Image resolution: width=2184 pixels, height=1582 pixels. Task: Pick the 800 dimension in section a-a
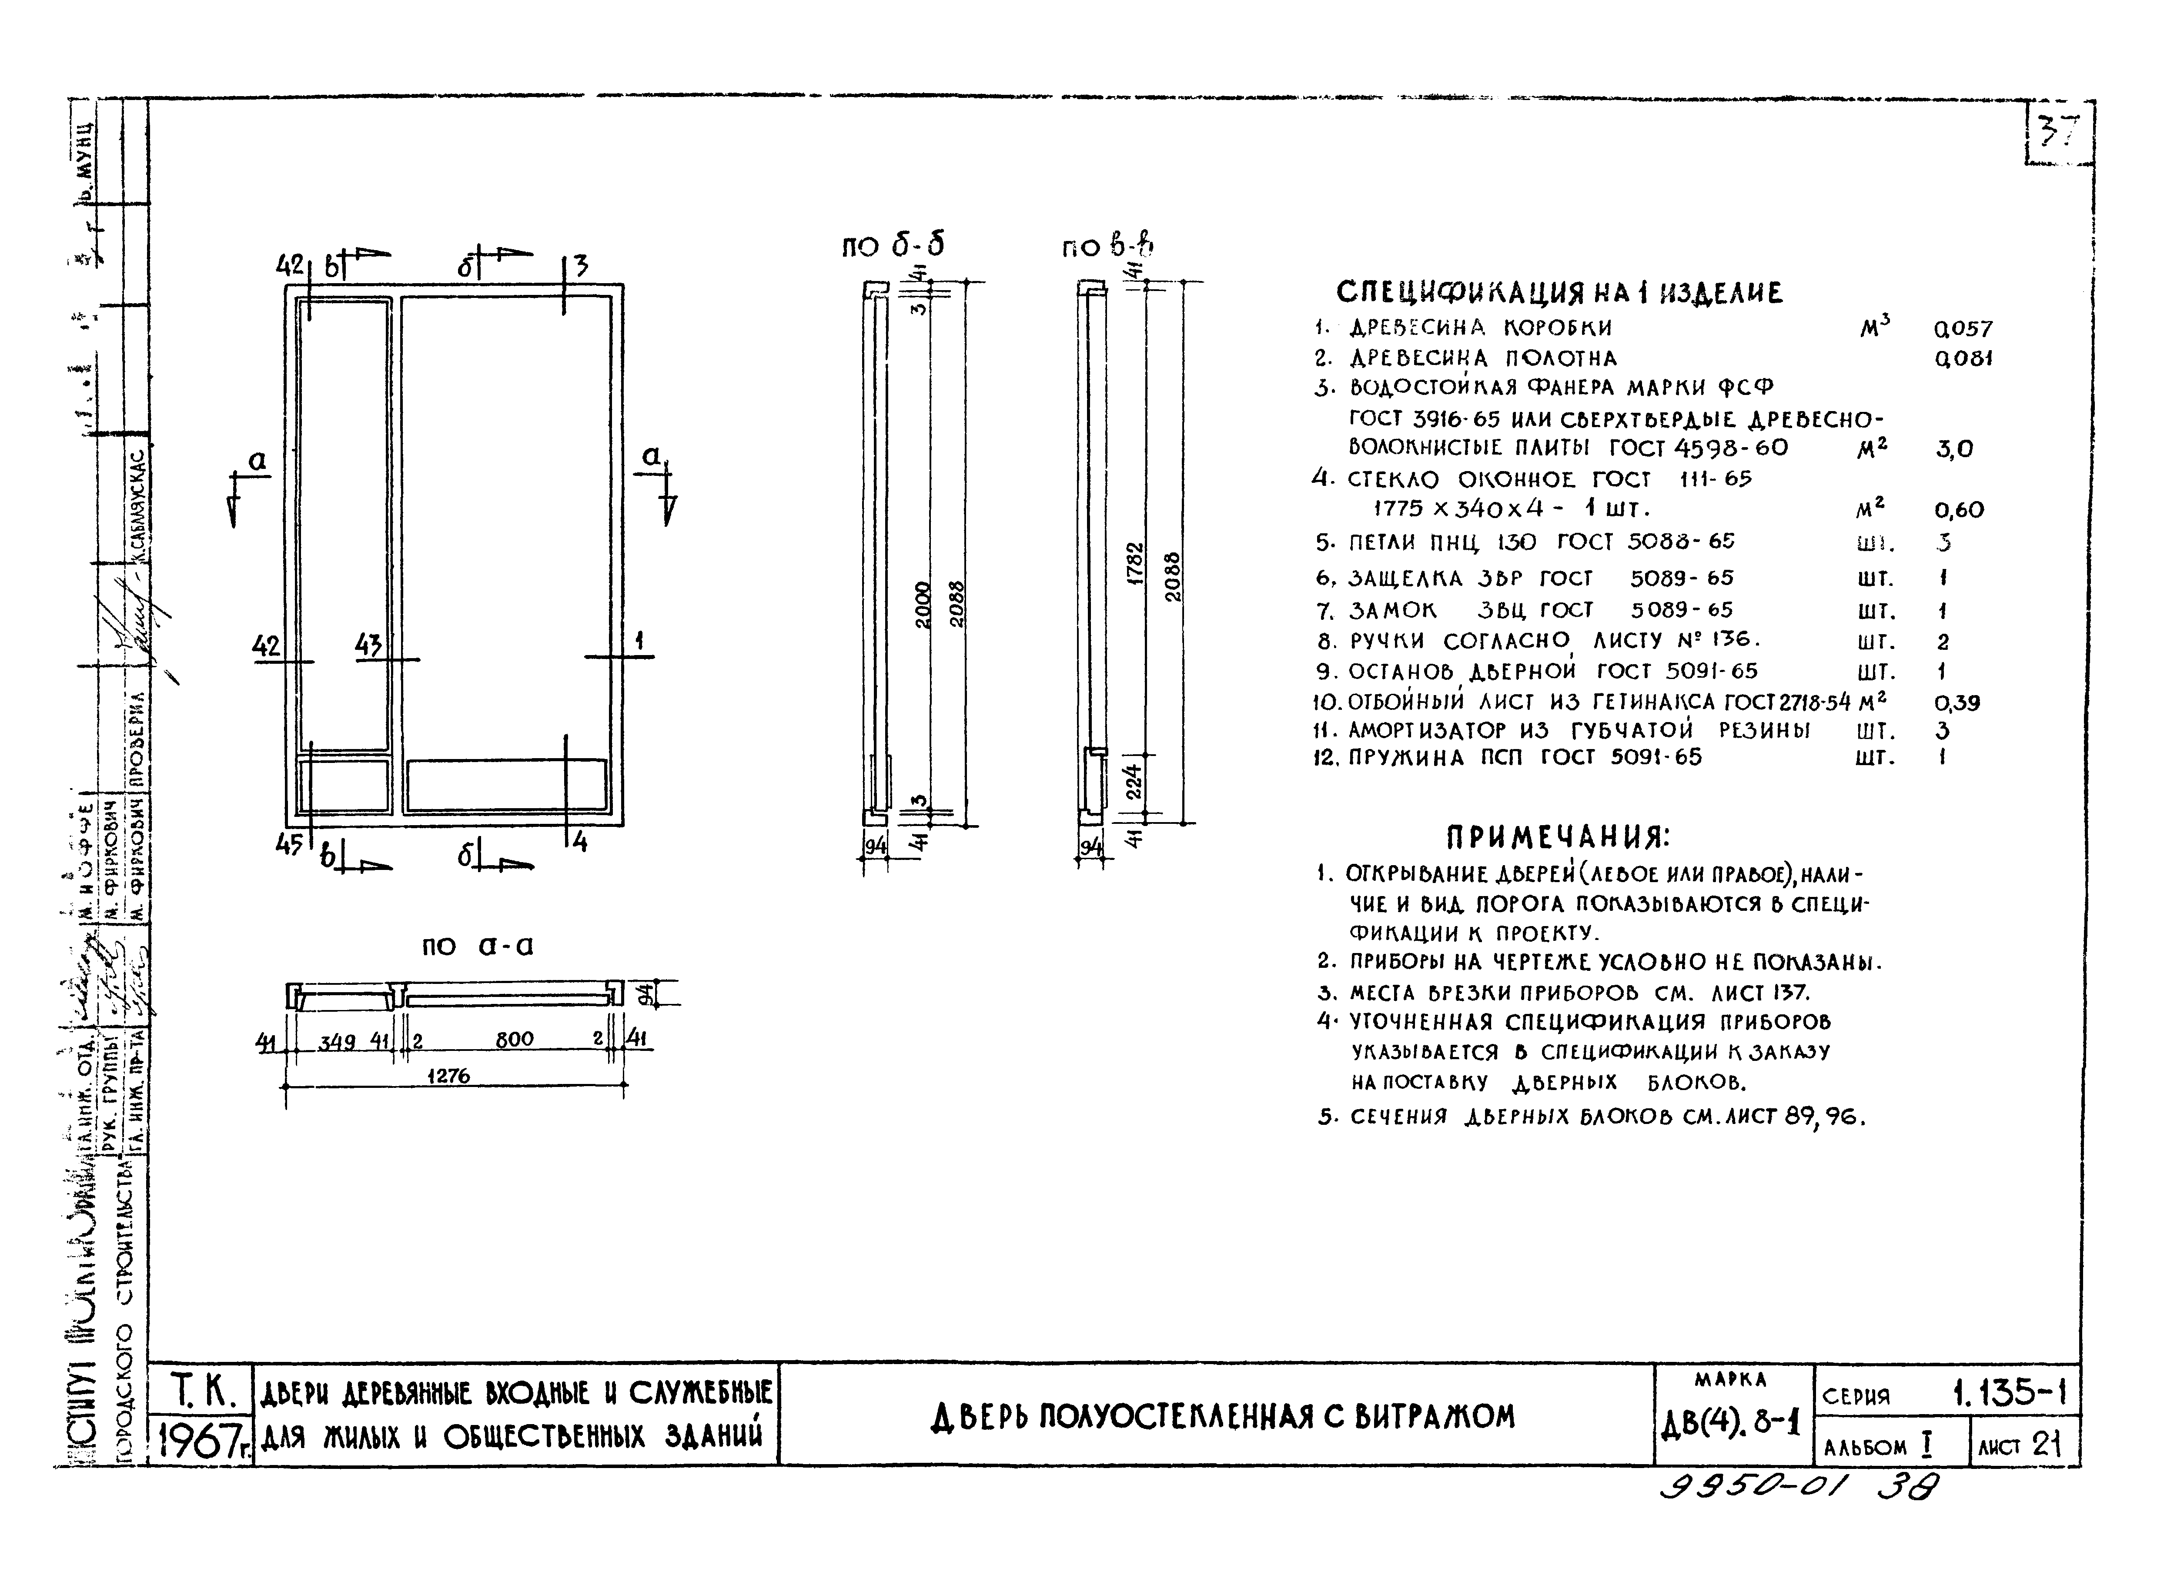click(514, 1040)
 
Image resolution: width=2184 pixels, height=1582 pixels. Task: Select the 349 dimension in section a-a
click(337, 1042)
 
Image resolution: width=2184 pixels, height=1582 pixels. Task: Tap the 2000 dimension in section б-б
click(923, 605)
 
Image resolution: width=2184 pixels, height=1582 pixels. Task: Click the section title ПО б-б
click(893, 247)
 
